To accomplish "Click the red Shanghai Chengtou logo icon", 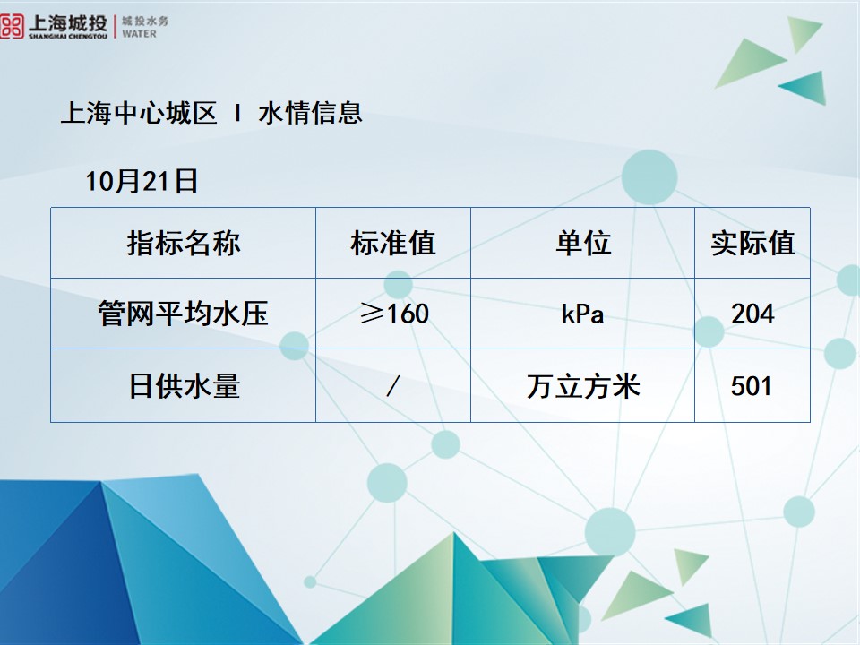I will pyautogui.click(x=13, y=26).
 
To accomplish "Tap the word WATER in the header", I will pyautogui.click(x=138, y=34).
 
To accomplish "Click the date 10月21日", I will pyautogui.click(x=142, y=182).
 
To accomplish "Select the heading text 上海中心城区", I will pyautogui.click(x=139, y=114).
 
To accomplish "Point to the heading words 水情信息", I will pyautogui.click(x=310, y=114).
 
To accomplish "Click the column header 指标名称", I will pyautogui.click(x=184, y=244).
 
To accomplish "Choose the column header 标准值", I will pyautogui.click(x=393, y=244).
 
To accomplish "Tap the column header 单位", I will pyautogui.click(x=583, y=244).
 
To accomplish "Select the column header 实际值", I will pyautogui.click(x=752, y=244).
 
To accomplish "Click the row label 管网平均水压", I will pyautogui.click(x=184, y=314).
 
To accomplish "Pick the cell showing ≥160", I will pyautogui.click(x=393, y=314).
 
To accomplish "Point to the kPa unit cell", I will pyautogui.click(x=583, y=314).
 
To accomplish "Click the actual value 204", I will pyautogui.click(x=752, y=314).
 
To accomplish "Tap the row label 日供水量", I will pyautogui.click(x=184, y=386).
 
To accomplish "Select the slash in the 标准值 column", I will pyautogui.click(x=392, y=386).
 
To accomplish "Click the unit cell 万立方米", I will pyautogui.click(x=583, y=386).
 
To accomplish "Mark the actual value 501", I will pyautogui.click(x=752, y=386).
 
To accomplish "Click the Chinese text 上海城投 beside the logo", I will pyautogui.click(x=67, y=21).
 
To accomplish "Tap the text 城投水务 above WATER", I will pyautogui.click(x=144, y=20).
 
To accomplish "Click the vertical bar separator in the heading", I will pyautogui.click(x=237, y=114).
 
